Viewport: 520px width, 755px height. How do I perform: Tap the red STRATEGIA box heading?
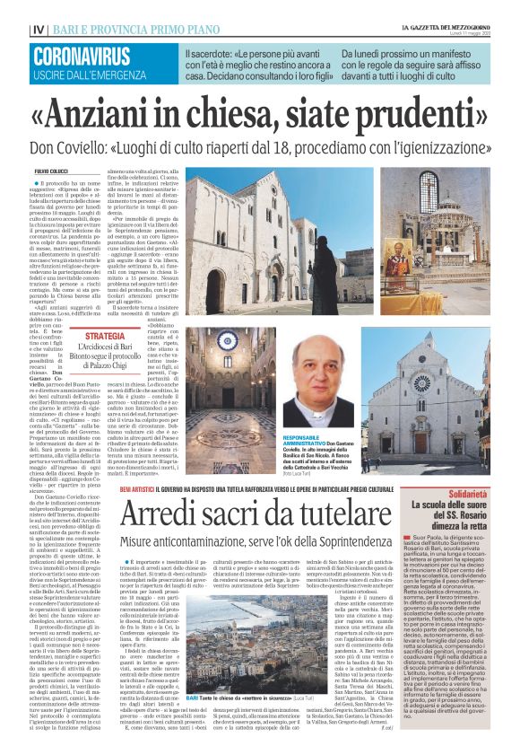[106, 336]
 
